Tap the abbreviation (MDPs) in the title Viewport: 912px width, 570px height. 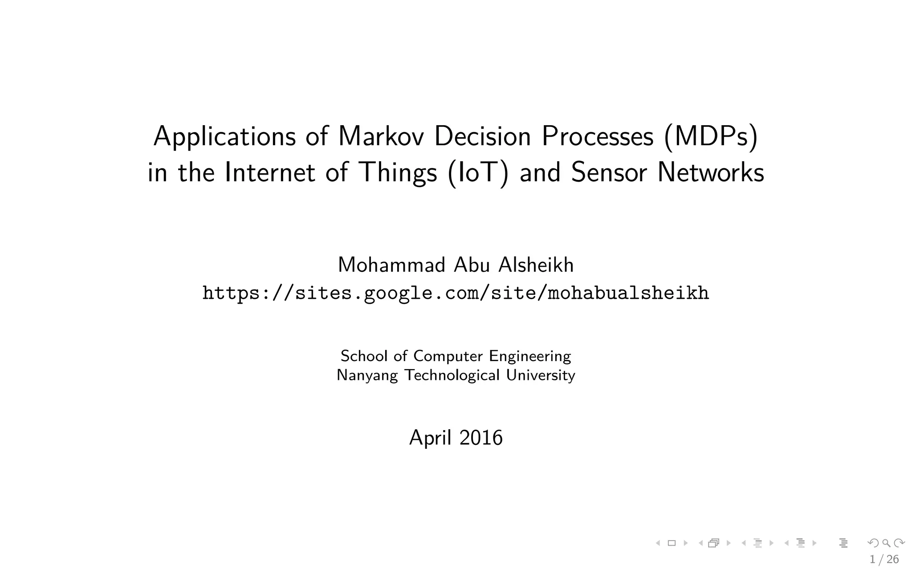click(x=711, y=137)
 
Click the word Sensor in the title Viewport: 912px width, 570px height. click(x=609, y=172)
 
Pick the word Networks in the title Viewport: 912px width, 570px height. click(x=711, y=172)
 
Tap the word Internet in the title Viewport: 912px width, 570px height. click(x=270, y=172)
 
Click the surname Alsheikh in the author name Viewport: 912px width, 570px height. click(x=536, y=265)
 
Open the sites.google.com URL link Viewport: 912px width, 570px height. click(x=456, y=293)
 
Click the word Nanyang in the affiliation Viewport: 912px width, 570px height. click(x=367, y=375)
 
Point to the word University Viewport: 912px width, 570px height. click(x=541, y=375)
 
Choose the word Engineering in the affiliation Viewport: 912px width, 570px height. click(x=530, y=356)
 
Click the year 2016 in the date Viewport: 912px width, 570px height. click(x=481, y=437)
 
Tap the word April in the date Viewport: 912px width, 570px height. click(x=430, y=438)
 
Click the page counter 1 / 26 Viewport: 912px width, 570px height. click(x=884, y=559)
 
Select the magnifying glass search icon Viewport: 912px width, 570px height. click(x=886, y=543)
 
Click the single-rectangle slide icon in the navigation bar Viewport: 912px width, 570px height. click(x=672, y=543)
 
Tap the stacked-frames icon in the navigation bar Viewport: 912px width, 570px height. click(x=714, y=543)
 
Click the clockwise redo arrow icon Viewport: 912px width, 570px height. click(x=899, y=543)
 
